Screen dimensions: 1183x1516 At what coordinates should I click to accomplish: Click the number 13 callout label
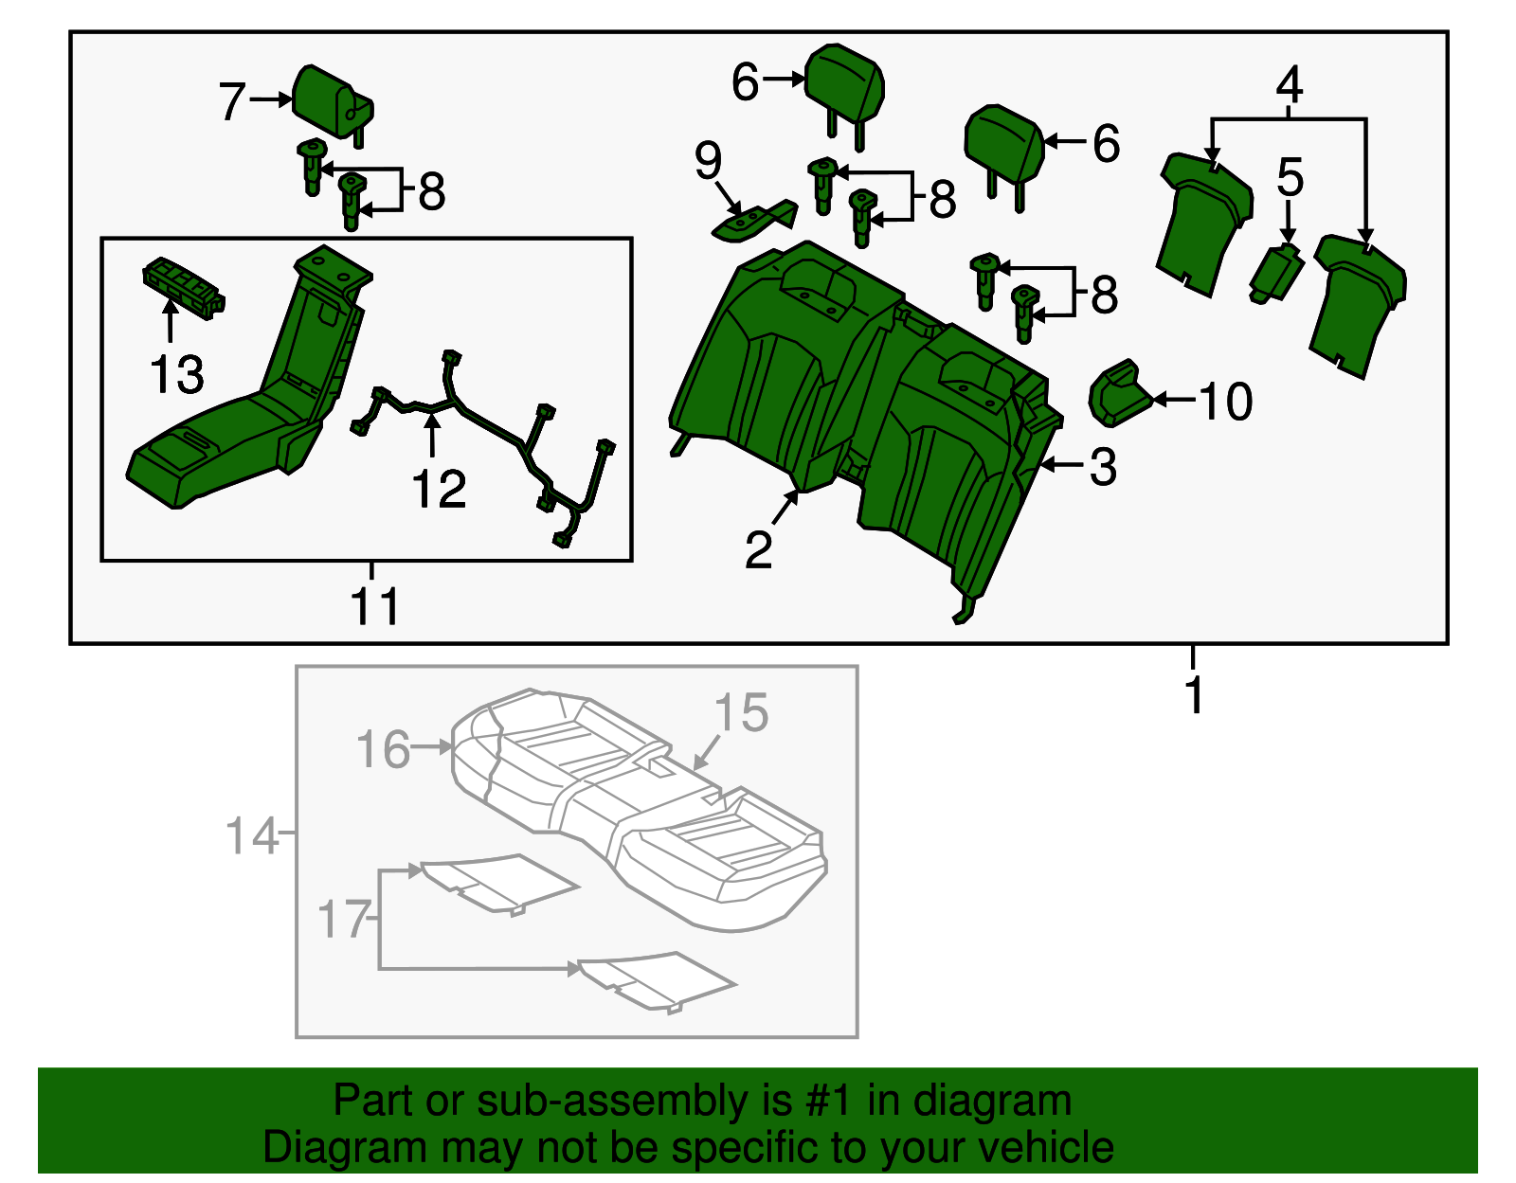(x=177, y=375)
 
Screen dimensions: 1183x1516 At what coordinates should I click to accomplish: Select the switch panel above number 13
(x=182, y=284)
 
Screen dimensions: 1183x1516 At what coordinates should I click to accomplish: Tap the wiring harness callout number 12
(x=439, y=490)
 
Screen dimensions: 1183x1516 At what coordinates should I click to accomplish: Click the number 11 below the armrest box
(x=375, y=606)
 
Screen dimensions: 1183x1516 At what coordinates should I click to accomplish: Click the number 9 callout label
(x=708, y=161)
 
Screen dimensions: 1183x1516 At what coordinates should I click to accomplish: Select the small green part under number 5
(x=1276, y=272)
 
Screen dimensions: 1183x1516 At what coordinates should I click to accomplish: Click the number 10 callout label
(x=1226, y=402)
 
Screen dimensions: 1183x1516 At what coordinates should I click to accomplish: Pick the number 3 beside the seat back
(x=1103, y=467)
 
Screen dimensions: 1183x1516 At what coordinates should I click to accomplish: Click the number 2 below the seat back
(x=758, y=550)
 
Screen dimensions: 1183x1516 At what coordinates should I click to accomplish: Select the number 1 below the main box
(x=1195, y=695)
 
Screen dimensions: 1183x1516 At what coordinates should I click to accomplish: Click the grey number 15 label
(x=741, y=713)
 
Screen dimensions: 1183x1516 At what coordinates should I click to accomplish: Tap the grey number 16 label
(x=383, y=749)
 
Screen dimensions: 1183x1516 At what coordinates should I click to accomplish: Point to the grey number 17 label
(x=342, y=920)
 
